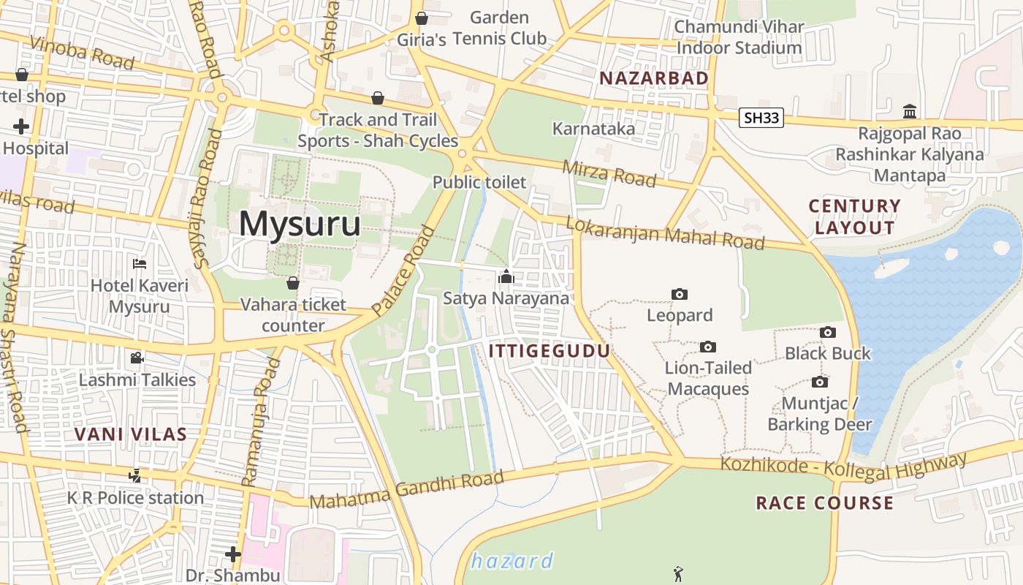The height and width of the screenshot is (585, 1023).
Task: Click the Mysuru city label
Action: pos(300,224)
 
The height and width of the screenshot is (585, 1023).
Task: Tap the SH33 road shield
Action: pos(761,118)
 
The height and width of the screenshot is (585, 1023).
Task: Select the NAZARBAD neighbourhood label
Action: pos(654,78)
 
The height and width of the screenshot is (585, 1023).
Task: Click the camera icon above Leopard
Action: pos(680,294)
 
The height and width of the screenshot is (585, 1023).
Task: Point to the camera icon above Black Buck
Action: pos(827,332)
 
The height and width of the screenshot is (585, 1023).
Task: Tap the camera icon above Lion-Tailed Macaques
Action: pos(707,347)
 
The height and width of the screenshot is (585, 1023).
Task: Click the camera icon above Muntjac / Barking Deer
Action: pos(820,382)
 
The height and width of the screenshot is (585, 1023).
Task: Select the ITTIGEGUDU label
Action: pos(549,351)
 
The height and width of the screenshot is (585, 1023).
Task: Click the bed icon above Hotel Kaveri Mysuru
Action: pos(140,263)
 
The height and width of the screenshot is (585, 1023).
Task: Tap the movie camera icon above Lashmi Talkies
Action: pos(137,358)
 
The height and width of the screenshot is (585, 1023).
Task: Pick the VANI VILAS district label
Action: pos(131,434)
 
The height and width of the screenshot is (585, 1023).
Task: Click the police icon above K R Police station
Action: pos(134,476)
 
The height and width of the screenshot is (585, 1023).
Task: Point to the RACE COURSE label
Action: pos(824,503)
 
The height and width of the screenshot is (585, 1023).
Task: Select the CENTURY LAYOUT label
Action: pos(855,216)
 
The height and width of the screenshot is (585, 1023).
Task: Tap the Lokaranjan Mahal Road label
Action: pos(665,234)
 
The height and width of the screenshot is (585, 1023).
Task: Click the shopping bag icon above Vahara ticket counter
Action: pos(292,283)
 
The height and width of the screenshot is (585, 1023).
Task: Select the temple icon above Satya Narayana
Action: pos(506,277)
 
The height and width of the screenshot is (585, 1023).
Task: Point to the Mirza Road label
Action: pos(609,173)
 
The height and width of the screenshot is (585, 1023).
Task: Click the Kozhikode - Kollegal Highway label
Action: pos(843,466)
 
